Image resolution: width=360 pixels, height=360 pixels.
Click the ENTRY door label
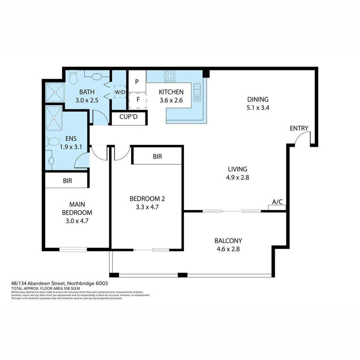point(299,128)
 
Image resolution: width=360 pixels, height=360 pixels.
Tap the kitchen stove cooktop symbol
point(169,76)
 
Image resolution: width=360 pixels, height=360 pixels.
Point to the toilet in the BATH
point(73,78)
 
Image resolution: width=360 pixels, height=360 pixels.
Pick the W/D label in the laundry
point(120,92)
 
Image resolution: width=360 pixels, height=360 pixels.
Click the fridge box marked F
point(138,100)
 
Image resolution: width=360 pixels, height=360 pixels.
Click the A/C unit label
point(277,202)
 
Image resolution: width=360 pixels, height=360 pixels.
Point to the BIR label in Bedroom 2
point(157,156)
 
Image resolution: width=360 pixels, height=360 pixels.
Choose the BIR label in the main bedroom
point(67,181)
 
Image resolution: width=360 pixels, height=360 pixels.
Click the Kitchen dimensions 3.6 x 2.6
point(171,100)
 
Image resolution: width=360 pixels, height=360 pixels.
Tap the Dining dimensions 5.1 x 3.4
point(258,108)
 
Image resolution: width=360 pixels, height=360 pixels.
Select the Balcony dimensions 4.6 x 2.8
point(228,249)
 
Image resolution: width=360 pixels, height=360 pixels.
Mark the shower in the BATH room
point(55,92)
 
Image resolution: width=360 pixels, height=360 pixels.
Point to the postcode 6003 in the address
point(102,283)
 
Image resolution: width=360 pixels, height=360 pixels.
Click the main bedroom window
point(73,249)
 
